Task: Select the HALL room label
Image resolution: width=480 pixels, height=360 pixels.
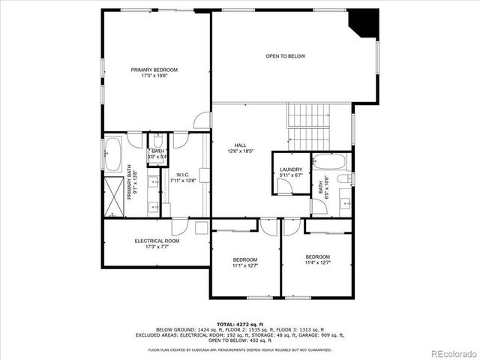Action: coord(240,145)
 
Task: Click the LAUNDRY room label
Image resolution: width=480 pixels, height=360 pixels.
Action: coord(290,169)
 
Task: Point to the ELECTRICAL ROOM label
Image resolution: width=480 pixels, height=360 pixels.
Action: coord(157,241)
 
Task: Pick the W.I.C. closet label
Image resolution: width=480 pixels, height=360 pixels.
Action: coord(182,175)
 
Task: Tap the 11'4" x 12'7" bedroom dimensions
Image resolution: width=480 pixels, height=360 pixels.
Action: coord(317,262)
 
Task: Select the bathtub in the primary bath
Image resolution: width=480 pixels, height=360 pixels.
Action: coord(112,155)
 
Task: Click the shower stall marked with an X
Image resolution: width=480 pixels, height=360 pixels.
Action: coord(113,198)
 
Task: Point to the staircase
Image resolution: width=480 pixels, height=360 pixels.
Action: coord(308,127)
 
